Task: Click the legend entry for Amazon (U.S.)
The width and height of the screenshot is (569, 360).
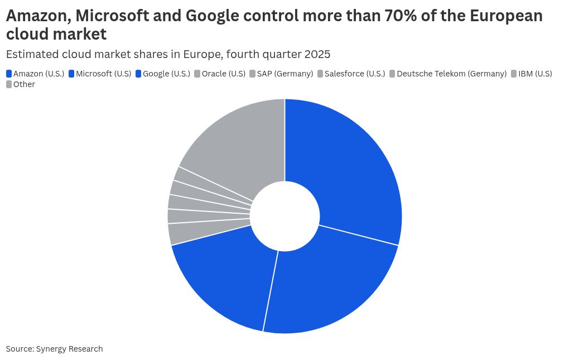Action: point(38,74)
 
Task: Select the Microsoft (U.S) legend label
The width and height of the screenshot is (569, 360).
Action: point(103,74)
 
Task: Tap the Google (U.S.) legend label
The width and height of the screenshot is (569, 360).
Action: point(166,74)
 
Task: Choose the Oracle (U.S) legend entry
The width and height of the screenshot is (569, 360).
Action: point(223,74)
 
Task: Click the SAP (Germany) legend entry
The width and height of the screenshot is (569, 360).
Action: point(284,74)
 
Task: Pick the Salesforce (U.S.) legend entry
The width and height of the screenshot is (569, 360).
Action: point(354,74)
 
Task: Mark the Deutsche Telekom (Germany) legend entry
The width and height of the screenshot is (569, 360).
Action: point(451,74)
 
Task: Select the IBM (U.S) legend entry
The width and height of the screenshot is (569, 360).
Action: point(535,74)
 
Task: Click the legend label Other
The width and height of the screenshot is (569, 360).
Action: point(24,84)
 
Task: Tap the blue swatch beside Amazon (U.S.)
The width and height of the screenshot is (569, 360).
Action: point(9,74)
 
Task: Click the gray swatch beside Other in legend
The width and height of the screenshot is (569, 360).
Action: point(9,84)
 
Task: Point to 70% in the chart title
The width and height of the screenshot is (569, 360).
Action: point(399,16)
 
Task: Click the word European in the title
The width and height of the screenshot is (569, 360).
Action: point(506,16)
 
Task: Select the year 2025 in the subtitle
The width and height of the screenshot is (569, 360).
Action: point(317,54)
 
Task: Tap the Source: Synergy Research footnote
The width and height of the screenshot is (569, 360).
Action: point(54,349)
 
